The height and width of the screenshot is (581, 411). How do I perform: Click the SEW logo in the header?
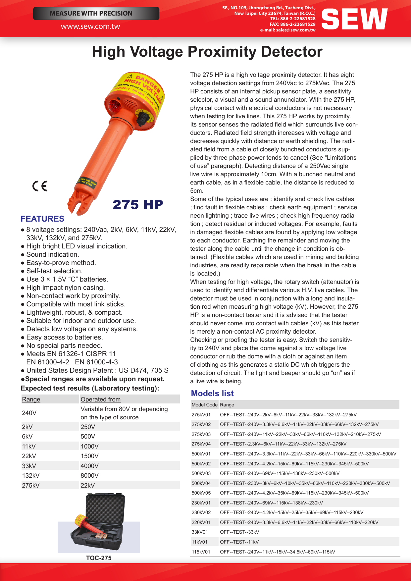[354, 19]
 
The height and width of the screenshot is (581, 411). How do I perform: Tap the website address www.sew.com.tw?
[90, 26]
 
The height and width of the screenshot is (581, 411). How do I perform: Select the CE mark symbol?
[40, 186]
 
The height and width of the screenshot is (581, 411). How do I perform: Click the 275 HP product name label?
[138, 205]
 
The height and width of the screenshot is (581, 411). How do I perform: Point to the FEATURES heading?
[42, 219]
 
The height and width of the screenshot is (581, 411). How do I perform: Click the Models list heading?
[212, 394]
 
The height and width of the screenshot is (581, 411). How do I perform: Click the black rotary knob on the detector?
[143, 118]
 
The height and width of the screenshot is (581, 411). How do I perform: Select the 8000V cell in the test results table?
[89, 475]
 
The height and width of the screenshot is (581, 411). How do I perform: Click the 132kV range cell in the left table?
[31, 475]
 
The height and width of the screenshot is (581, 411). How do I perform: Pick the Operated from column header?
[101, 399]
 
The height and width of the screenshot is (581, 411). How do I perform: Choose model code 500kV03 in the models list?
[201, 473]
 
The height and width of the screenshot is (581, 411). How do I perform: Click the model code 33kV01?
[200, 532]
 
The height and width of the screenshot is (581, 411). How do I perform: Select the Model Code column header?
[204, 405]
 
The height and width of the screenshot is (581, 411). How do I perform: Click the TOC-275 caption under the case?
[99, 558]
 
